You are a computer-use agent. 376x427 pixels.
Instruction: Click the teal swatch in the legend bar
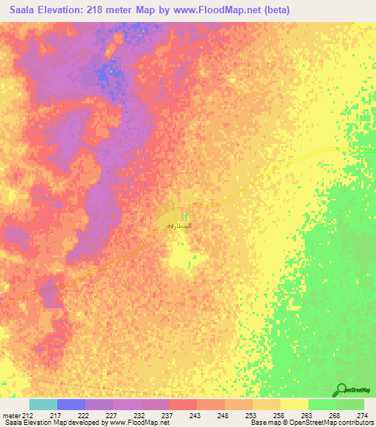pos(43,404)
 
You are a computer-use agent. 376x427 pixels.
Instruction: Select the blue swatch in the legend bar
pos(71,404)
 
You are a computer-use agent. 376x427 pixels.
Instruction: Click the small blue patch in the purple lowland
pos(108,72)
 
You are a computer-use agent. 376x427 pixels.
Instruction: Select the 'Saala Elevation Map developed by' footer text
pos(51,423)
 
